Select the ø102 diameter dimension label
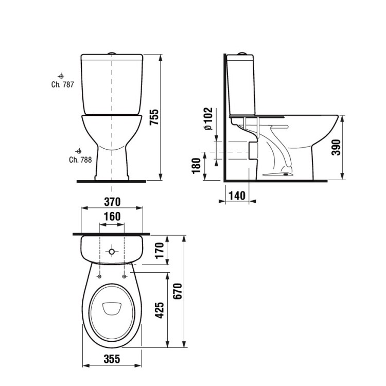point(207,119)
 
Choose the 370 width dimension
point(112,201)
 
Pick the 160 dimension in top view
point(112,217)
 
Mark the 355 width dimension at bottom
point(111,359)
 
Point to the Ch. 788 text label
point(80,160)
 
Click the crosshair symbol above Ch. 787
point(61,75)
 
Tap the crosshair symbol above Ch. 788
point(79,151)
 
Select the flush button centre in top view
point(112,252)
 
